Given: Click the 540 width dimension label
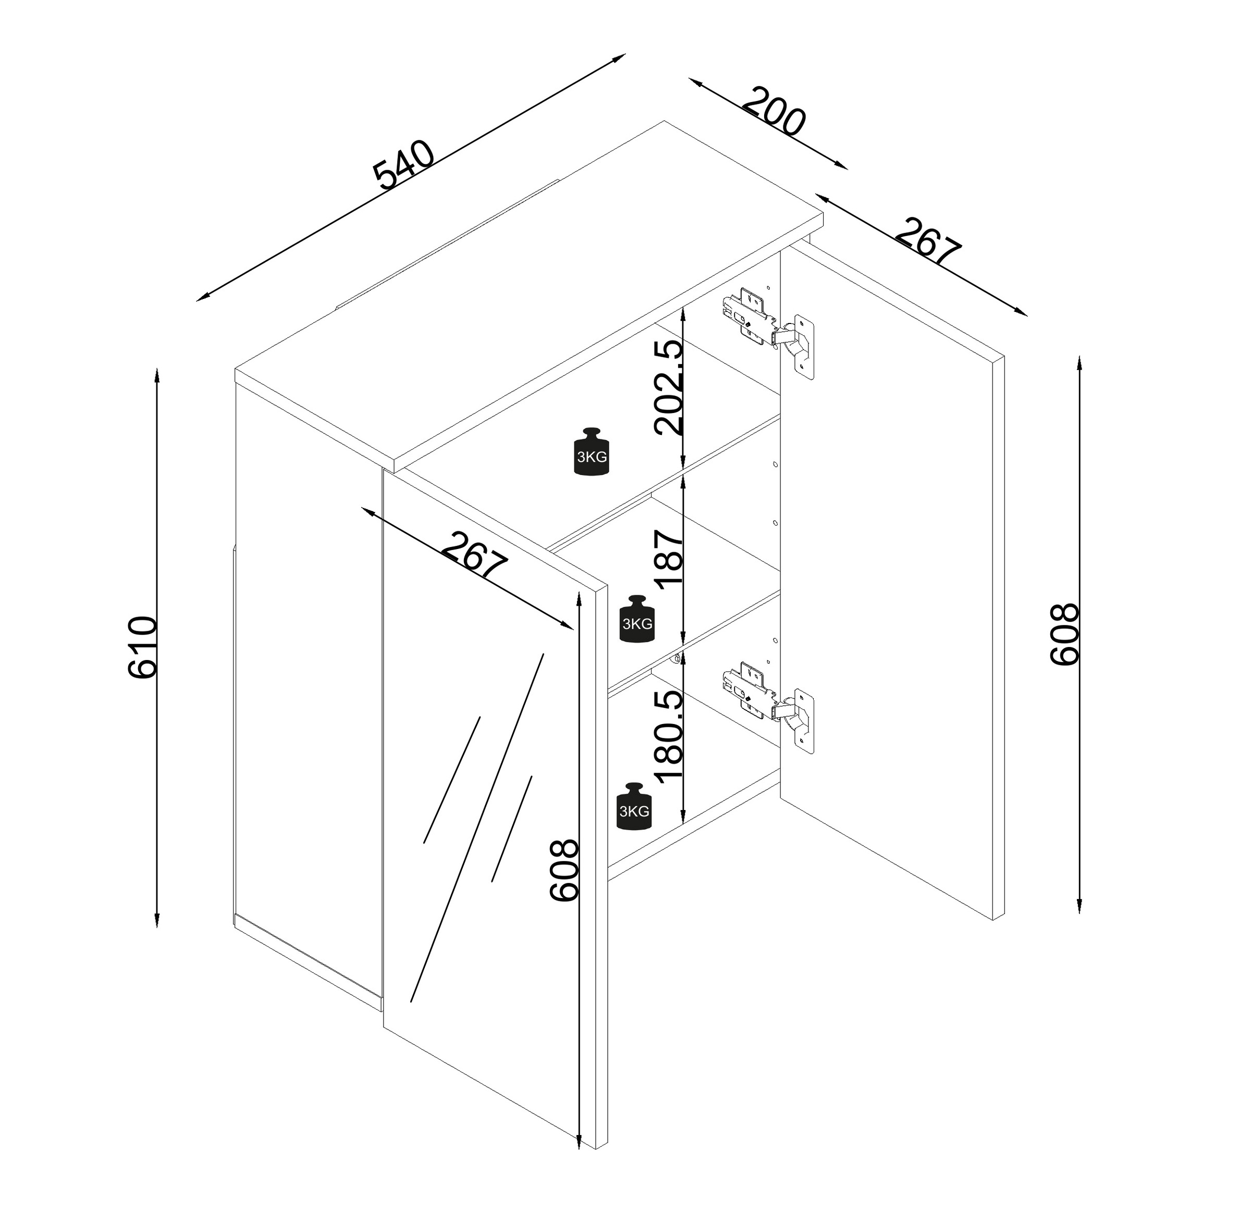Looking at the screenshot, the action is [x=404, y=165].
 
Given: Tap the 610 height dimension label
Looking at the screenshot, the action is [x=142, y=647].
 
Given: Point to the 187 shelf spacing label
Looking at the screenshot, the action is [x=668, y=559].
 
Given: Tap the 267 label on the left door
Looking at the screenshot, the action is [x=475, y=556].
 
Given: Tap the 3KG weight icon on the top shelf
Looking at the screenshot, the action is [x=592, y=452].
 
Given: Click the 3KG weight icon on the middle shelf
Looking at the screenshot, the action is [x=637, y=618].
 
